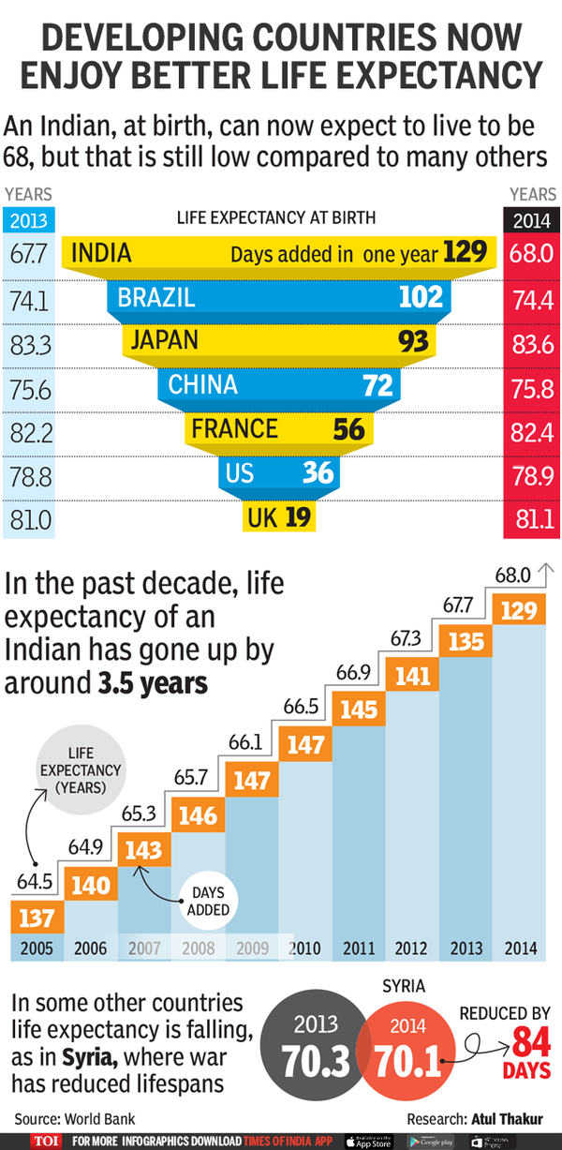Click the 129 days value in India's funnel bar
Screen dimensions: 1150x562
tap(466, 253)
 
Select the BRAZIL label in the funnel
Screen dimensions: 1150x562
tap(156, 298)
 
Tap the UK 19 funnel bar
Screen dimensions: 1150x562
tap(278, 515)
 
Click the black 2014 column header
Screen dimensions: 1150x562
tap(532, 222)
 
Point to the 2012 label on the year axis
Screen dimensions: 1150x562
tap(413, 947)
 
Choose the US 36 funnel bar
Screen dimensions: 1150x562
tap(278, 473)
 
